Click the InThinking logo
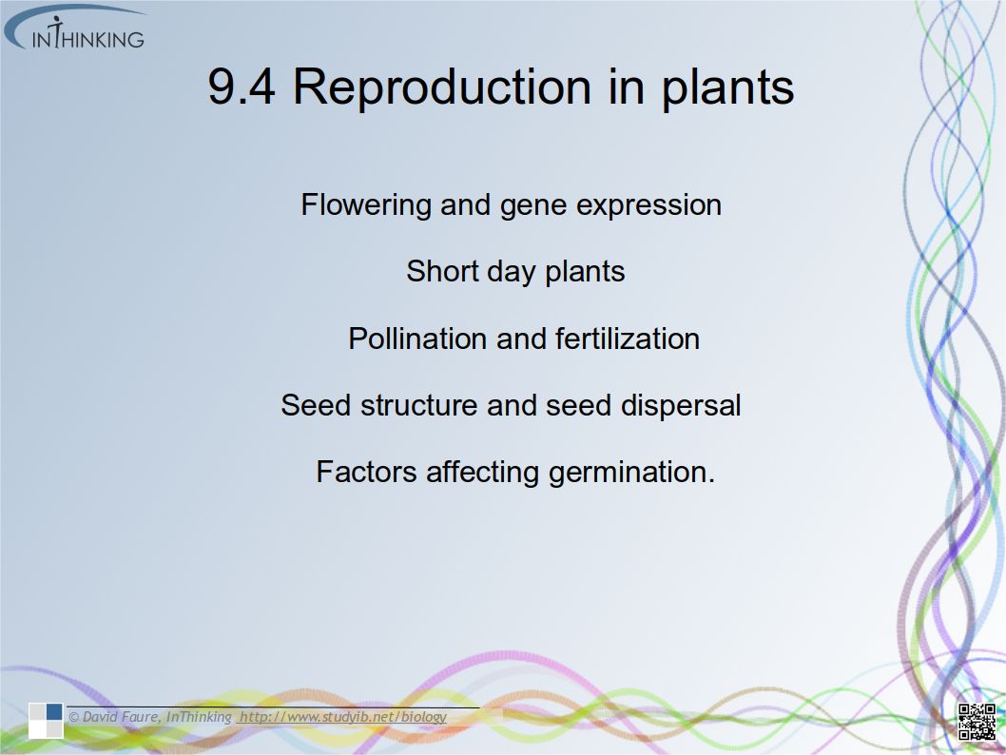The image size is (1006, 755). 75,29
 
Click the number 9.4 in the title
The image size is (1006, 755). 242,87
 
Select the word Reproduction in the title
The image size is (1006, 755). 442,87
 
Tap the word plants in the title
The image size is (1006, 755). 727,87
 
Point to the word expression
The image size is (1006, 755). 648,206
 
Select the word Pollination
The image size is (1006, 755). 417,339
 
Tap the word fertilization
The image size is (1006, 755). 628,339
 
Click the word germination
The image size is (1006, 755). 631,474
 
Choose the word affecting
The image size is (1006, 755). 482,474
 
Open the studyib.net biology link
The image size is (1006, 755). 342,717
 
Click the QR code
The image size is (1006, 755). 977,722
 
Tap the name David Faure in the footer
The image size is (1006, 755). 121,717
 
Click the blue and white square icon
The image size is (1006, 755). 46,721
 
